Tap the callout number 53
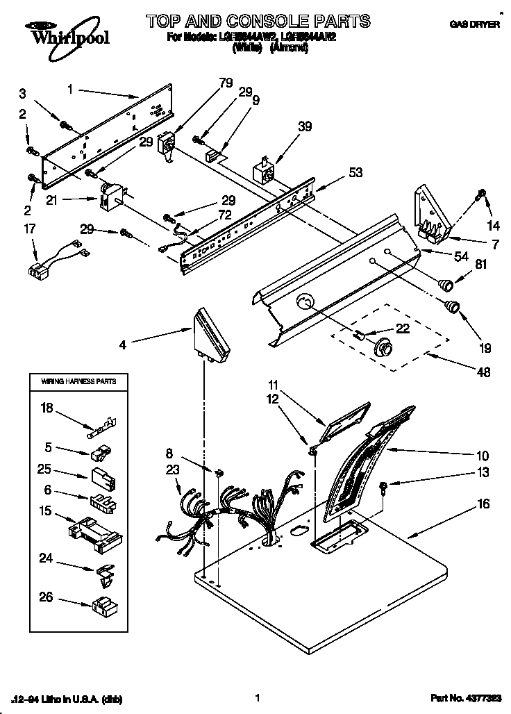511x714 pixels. pos(355,173)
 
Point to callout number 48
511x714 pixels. pos(483,372)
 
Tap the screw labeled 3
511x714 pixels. pos(66,126)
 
